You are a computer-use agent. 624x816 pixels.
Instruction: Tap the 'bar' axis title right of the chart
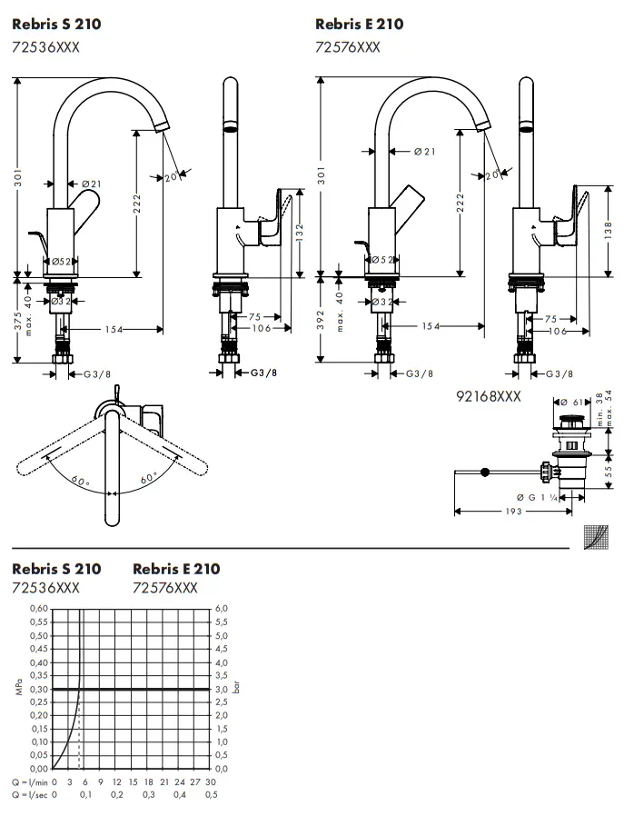(236, 689)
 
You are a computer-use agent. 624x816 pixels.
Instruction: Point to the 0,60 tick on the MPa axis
(38, 608)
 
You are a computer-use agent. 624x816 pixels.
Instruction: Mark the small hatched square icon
(595, 537)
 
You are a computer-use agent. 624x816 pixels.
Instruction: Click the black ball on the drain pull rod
(484, 472)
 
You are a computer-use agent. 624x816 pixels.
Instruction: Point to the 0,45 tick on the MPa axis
(38, 649)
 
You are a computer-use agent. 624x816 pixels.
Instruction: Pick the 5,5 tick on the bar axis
(220, 622)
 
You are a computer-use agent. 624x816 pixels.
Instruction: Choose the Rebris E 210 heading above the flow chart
(176, 569)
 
